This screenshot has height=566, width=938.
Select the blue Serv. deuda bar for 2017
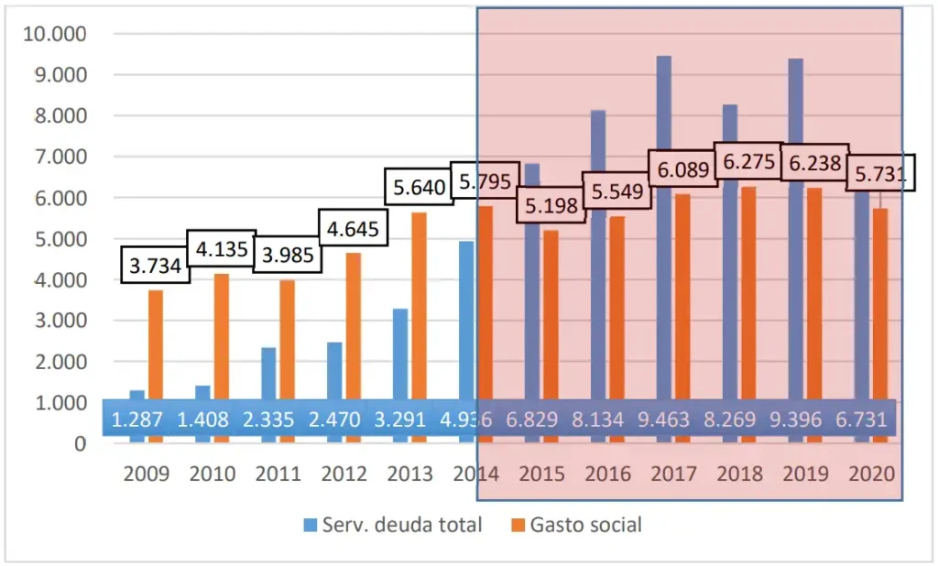(x=663, y=229)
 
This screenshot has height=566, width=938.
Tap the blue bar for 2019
(x=795, y=229)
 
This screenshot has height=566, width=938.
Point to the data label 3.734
(x=154, y=267)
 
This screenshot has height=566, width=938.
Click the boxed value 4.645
(x=352, y=226)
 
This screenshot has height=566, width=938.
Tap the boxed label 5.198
(x=551, y=205)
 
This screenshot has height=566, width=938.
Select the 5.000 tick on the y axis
(x=60, y=239)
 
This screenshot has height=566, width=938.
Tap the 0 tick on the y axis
(x=80, y=443)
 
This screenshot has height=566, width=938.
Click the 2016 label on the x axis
(x=608, y=474)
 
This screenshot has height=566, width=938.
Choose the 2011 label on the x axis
(x=278, y=474)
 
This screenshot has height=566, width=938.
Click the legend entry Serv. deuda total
(x=392, y=525)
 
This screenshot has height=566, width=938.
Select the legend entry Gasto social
(x=576, y=525)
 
